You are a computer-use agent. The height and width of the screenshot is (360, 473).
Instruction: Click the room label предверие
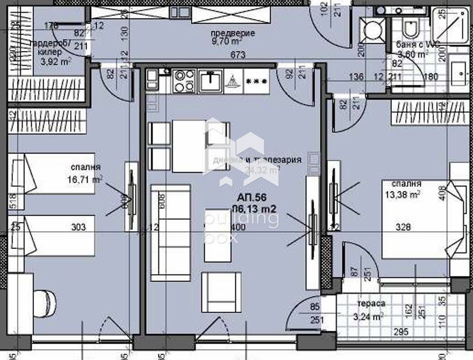[232, 33]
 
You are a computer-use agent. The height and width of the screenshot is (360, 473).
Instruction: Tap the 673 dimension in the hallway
[230, 55]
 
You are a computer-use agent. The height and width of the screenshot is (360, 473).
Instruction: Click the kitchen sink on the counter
[211, 81]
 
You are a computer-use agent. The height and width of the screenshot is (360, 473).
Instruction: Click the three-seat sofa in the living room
[170, 232]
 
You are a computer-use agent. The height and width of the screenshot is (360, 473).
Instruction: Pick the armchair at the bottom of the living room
[222, 292]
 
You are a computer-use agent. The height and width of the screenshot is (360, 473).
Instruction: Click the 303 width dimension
[78, 228]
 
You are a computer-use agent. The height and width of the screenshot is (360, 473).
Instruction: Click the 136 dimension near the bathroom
[356, 76]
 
